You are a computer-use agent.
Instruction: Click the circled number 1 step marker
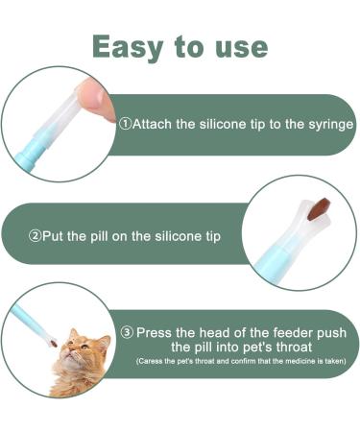click(x=125, y=125)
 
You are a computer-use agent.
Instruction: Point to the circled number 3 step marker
click(x=125, y=332)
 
